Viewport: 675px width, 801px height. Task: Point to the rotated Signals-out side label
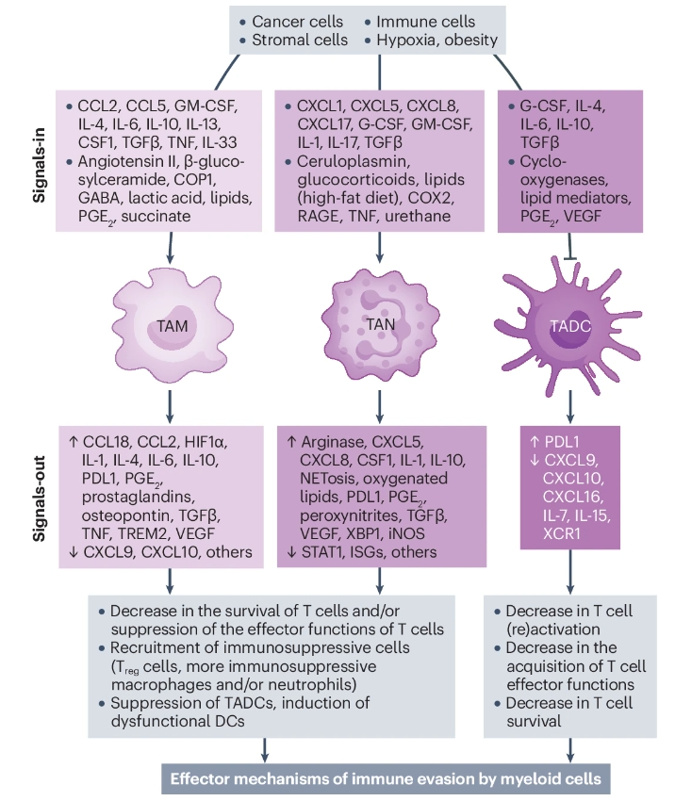(39, 497)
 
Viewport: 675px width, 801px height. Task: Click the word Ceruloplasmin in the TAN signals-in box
(347, 160)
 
